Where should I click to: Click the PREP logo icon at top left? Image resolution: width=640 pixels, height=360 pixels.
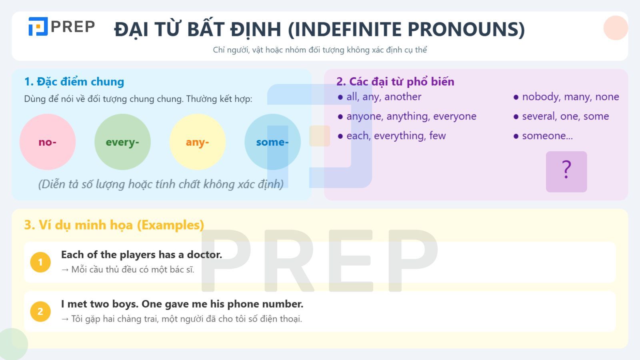coord(38,26)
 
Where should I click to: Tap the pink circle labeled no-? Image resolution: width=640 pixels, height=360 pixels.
coord(48,142)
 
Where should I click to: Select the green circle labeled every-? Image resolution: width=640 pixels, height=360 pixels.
coord(122,142)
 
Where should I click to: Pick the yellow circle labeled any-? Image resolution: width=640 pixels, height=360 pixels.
coord(198,142)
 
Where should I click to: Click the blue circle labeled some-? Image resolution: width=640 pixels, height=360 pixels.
coord(272,142)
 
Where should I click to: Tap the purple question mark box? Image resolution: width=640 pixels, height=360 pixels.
coord(566,172)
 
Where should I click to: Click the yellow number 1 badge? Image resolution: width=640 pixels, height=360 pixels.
coord(40,262)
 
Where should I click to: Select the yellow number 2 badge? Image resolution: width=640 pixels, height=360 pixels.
coord(40,312)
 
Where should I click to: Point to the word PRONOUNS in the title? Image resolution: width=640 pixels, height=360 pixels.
coord(466,29)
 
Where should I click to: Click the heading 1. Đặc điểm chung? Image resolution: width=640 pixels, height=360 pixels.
coord(74,82)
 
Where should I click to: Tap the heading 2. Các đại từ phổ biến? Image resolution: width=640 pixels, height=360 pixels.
coord(395,82)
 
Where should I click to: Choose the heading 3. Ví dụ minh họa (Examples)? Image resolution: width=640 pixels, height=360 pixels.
coord(114,225)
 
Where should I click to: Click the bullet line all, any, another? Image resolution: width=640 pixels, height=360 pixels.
coord(383,97)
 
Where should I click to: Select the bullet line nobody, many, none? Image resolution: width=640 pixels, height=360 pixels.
coord(570,97)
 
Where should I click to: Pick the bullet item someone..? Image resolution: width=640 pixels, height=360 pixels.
coord(547,136)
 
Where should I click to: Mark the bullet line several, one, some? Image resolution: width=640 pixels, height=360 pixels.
coord(565,116)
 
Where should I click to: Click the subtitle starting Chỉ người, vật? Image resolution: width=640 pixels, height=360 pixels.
coord(320,50)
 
